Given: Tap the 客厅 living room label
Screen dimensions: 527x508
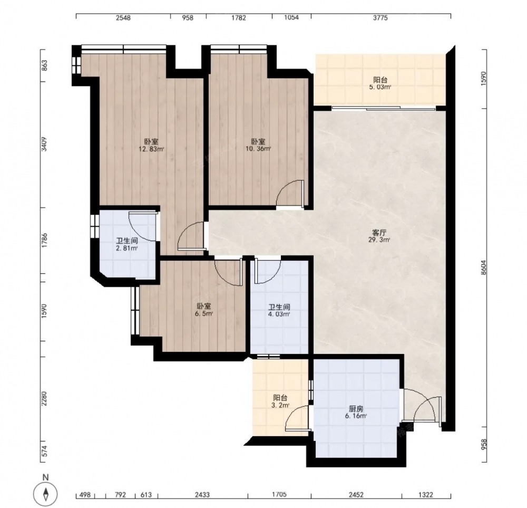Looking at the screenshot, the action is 379,233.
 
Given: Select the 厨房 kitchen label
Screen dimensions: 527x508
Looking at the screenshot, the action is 356,409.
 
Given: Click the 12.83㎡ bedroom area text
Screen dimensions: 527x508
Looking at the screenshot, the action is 151,149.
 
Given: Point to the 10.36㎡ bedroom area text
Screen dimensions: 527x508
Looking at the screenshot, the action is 258,148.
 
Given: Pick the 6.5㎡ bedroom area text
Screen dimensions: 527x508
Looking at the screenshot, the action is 204,313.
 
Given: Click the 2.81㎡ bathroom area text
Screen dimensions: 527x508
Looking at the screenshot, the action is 126,248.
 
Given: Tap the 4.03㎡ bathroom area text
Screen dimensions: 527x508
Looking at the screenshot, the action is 279,314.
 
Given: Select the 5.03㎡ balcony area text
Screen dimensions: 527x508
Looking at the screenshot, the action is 380,87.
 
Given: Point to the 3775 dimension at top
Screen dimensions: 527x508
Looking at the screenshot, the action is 380,18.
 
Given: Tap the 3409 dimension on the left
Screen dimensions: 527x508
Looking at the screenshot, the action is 44,145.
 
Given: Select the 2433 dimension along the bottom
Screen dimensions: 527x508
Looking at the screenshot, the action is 202,494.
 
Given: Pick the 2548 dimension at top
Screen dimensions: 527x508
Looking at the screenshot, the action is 123,18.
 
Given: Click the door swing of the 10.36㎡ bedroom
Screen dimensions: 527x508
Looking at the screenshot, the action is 290,194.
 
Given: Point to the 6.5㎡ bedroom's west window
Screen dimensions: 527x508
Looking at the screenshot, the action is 135,311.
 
